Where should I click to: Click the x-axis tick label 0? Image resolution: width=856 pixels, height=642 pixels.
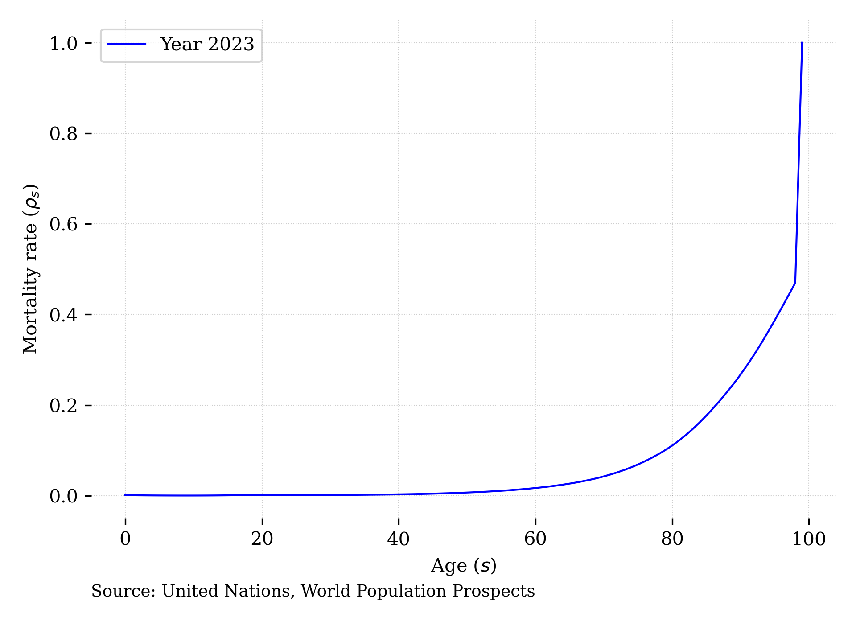pyautogui.click(x=125, y=539)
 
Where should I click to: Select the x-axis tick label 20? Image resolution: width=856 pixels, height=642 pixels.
pyautogui.click(x=262, y=539)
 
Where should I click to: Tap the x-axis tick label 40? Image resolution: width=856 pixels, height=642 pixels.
pyautogui.click(x=399, y=539)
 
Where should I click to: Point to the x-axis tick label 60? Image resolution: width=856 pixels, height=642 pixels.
pyautogui.click(x=535, y=539)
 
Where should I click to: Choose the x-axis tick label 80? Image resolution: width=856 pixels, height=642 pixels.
pyautogui.click(x=672, y=539)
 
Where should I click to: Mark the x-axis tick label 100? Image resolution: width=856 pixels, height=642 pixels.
pyautogui.click(x=809, y=539)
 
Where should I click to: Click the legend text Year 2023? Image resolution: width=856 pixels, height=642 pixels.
pyautogui.click(x=207, y=45)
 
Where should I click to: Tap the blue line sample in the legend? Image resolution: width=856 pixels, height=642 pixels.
pyautogui.click(x=127, y=44)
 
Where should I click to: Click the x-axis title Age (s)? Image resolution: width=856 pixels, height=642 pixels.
pyautogui.click(x=464, y=566)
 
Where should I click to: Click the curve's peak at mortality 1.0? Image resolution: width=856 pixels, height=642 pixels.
pyautogui.click(x=802, y=43)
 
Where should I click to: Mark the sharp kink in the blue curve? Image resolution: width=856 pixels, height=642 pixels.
pyautogui.click(x=795, y=283)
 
